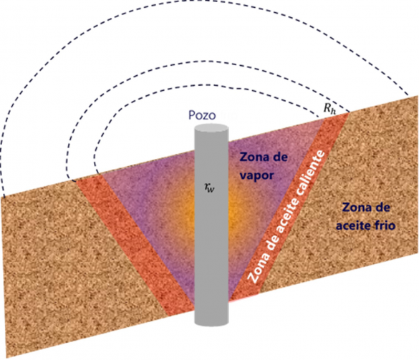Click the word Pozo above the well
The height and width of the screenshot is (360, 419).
(202, 115)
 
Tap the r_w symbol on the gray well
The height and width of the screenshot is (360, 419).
(209, 188)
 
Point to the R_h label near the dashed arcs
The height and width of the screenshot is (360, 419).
(329, 108)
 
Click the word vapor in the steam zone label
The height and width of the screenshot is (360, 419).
(256, 176)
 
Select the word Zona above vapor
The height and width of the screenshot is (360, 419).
(254, 157)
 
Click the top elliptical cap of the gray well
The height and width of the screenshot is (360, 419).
(211, 127)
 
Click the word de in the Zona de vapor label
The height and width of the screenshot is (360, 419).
(280, 157)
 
